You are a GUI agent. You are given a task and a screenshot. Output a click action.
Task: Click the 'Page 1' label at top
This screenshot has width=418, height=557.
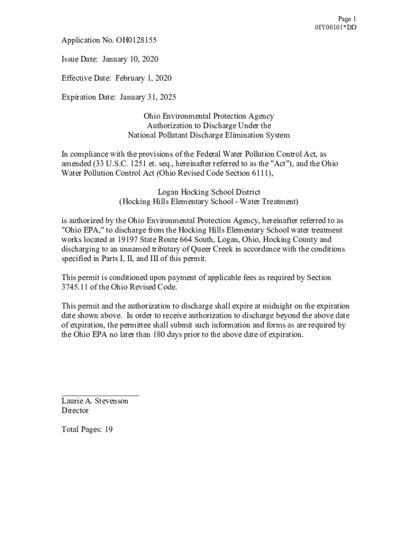[347, 18]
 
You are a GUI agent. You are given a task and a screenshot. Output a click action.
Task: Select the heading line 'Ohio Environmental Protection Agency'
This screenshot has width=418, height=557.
[208, 116]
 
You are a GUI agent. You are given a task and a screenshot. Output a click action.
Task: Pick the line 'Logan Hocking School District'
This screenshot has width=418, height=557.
[208, 192]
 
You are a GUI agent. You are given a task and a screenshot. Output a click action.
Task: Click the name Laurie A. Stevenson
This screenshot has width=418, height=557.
[95, 401]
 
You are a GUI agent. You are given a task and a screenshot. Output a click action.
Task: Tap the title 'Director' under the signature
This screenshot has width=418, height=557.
[75, 411]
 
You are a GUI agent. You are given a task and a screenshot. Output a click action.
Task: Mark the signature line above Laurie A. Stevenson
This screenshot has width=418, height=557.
[100, 394]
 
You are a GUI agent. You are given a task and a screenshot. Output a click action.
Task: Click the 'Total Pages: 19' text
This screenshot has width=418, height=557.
[87, 430]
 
